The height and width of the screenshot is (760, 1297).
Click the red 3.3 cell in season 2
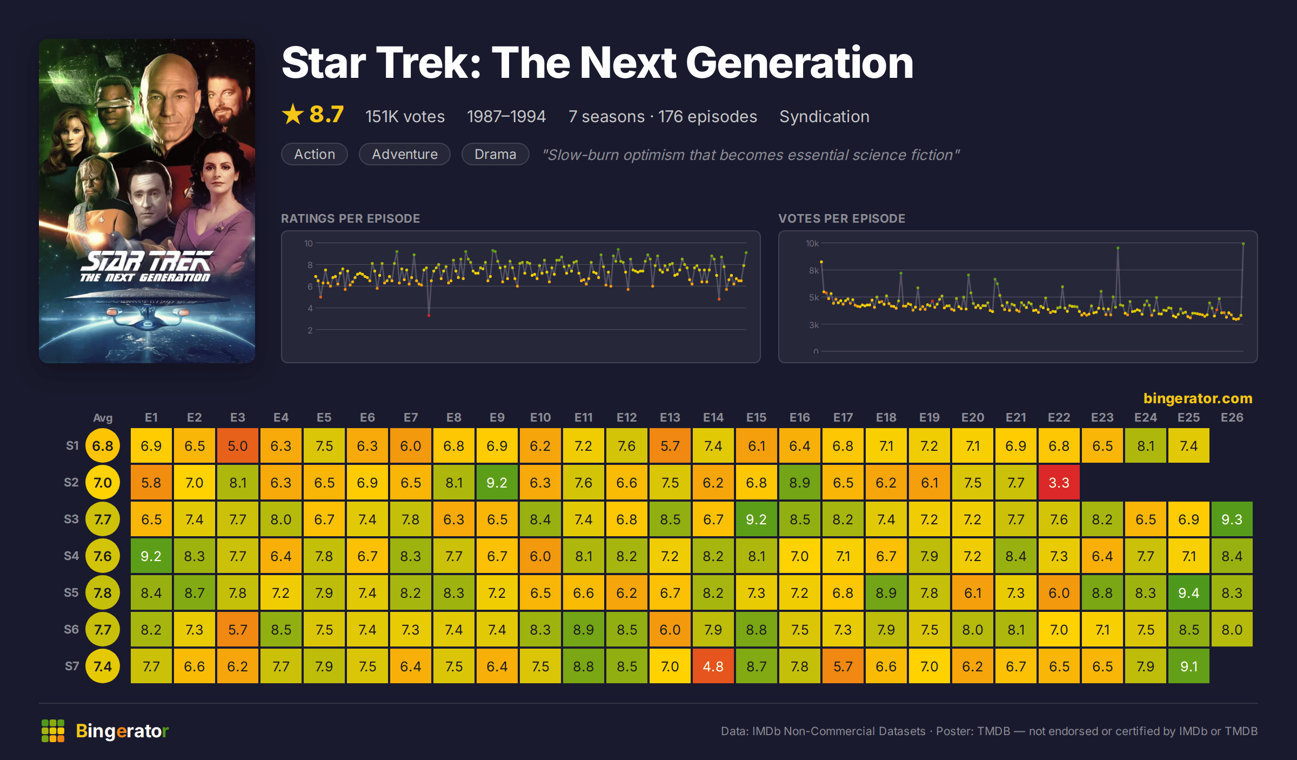point(1059,482)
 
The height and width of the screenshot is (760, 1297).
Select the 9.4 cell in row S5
point(1188,592)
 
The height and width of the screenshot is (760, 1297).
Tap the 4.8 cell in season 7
point(713,666)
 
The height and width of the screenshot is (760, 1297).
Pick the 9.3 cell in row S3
point(1232,519)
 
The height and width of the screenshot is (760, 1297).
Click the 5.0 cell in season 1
point(237,445)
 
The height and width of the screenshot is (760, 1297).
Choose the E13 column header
point(670,417)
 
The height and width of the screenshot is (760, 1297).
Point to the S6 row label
point(71,629)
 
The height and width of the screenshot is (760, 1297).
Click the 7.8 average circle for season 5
point(103,592)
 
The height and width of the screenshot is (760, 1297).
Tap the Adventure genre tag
point(405,154)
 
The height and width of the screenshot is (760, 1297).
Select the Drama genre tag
point(495,154)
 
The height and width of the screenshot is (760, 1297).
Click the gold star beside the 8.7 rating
point(293,114)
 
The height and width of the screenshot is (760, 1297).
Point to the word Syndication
point(824,116)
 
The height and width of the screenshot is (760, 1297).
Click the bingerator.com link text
point(1198,398)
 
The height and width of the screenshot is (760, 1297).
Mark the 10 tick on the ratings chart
point(308,243)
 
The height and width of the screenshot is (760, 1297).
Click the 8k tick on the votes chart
point(814,270)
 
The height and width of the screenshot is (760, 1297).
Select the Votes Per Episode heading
point(841,218)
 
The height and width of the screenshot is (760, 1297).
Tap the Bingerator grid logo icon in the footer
point(53,731)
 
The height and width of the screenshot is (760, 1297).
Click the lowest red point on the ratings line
point(429,315)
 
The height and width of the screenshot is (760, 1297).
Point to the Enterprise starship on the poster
point(146,308)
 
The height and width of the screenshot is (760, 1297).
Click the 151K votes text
point(405,116)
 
